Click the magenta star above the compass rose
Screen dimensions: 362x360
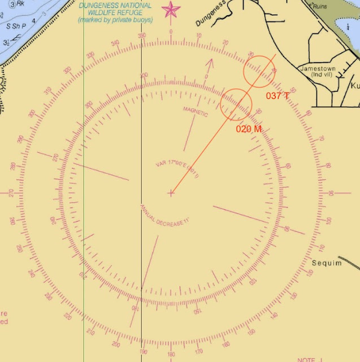[x=171, y=10]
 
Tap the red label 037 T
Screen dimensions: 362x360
[x=277, y=96]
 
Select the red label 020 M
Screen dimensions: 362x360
[x=249, y=129]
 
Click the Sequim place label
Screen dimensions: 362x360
[x=327, y=263]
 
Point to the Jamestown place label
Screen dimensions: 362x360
[x=318, y=68]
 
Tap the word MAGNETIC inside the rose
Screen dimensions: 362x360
[x=196, y=111]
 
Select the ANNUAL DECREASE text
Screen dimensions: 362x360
[x=165, y=216]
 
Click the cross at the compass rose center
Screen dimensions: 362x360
[x=171, y=193]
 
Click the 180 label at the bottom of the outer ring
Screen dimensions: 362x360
[x=171, y=354]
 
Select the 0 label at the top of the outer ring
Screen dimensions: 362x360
[x=171, y=32]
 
